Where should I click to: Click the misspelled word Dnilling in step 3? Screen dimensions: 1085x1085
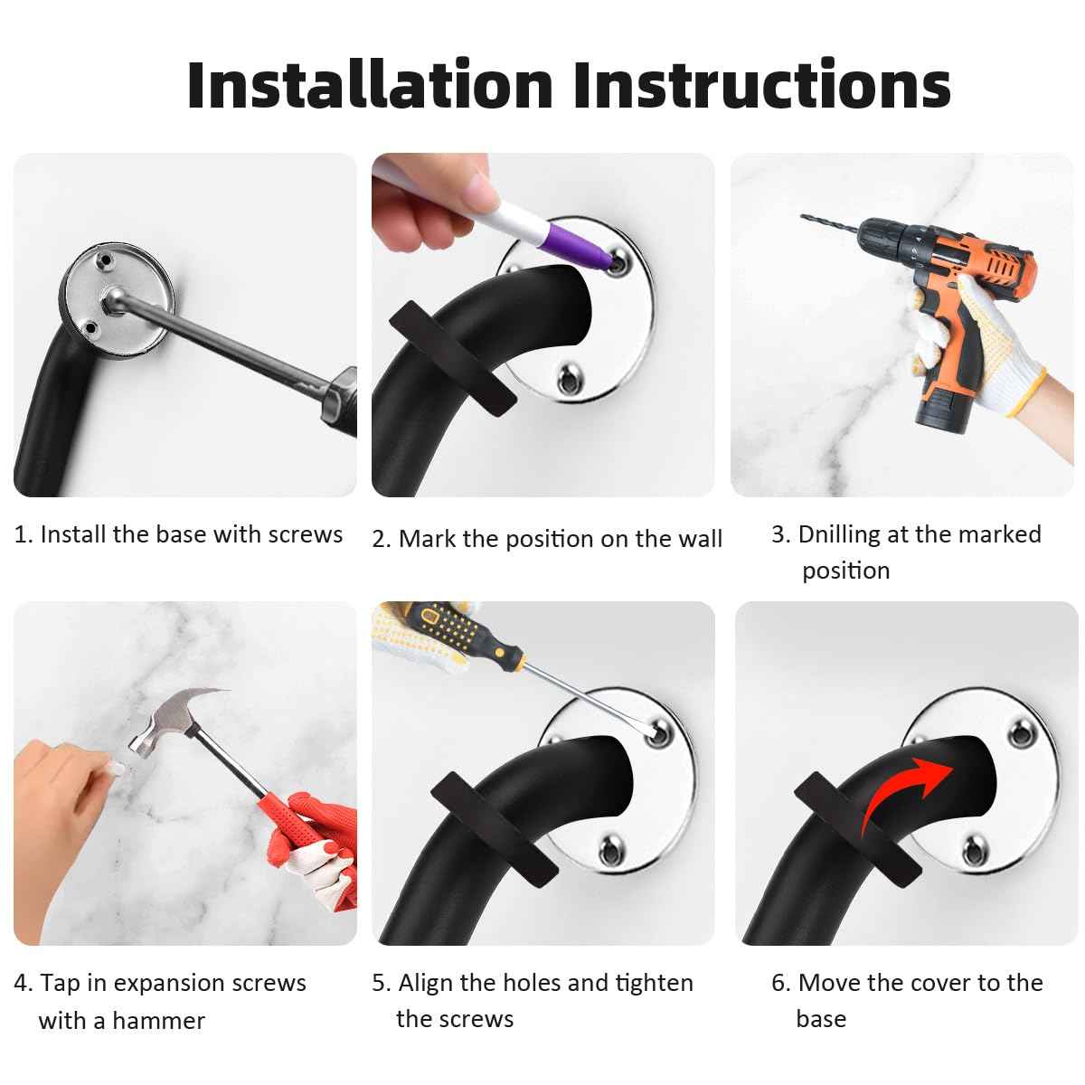pos(839,533)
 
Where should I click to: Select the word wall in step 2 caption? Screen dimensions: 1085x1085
pos(700,539)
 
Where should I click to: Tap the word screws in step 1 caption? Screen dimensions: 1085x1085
pos(306,535)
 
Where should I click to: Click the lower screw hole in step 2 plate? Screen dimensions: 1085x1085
pos(570,380)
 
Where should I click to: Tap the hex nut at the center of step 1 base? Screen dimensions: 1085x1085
pos(115,299)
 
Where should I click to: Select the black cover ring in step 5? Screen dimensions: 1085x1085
pos(494,825)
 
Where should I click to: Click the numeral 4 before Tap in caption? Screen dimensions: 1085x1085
pos(21,984)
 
